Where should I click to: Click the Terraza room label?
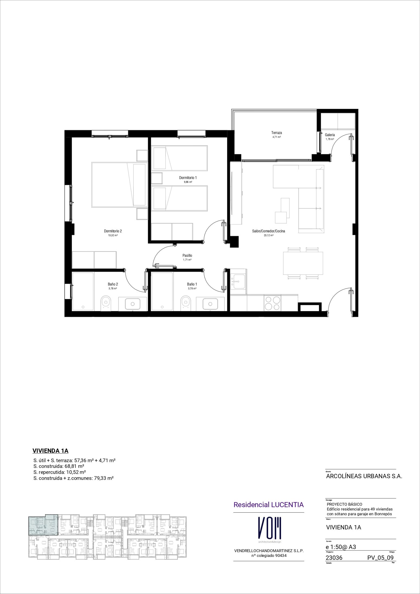pos(276,133)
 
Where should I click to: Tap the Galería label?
pos(330,135)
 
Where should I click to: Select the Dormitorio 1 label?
pos(188,178)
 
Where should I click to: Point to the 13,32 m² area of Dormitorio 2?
pos(113,235)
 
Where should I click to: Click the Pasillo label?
pos(187,255)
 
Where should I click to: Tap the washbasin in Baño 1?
pos(210,304)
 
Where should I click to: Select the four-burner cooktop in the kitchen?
pos(273,303)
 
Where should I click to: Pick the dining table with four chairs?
pos(303,263)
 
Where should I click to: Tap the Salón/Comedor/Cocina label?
pos(269,231)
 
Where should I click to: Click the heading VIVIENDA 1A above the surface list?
pos(50,451)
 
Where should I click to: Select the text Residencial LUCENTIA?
pos(269,505)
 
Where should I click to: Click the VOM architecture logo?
pos(269,529)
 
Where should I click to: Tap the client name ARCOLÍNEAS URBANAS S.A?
pos(364,476)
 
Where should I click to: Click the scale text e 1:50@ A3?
pos(341,547)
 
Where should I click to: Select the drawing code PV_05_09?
pos(380,558)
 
